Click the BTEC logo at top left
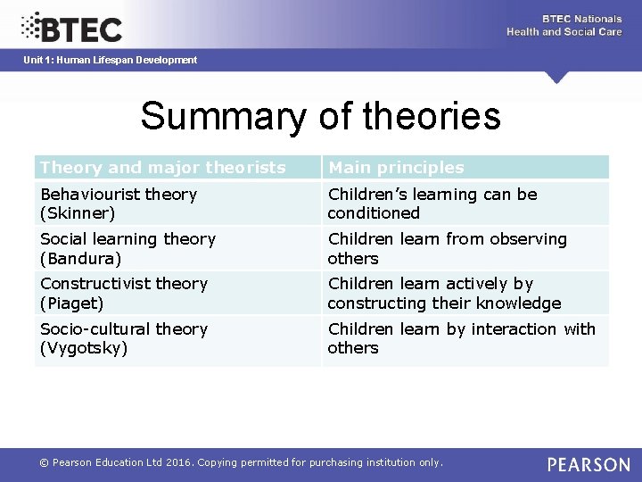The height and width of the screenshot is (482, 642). [71, 28]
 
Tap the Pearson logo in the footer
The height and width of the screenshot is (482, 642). [588, 464]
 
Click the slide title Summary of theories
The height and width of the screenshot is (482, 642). [320, 116]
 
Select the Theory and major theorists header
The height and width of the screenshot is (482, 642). [163, 167]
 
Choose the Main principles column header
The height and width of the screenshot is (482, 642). [396, 167]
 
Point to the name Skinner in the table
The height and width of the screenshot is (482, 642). [78, 213]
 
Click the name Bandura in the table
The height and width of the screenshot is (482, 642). [79, 259]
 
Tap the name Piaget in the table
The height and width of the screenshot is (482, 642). [72, 303]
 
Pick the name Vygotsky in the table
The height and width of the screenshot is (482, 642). [83, 348]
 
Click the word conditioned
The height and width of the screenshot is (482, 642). [374, 213]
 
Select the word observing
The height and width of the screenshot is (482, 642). [525, 239]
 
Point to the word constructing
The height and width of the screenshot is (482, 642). [374, 303]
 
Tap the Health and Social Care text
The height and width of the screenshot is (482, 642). [564, 32]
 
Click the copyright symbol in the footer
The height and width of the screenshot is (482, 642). [43, 462]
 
